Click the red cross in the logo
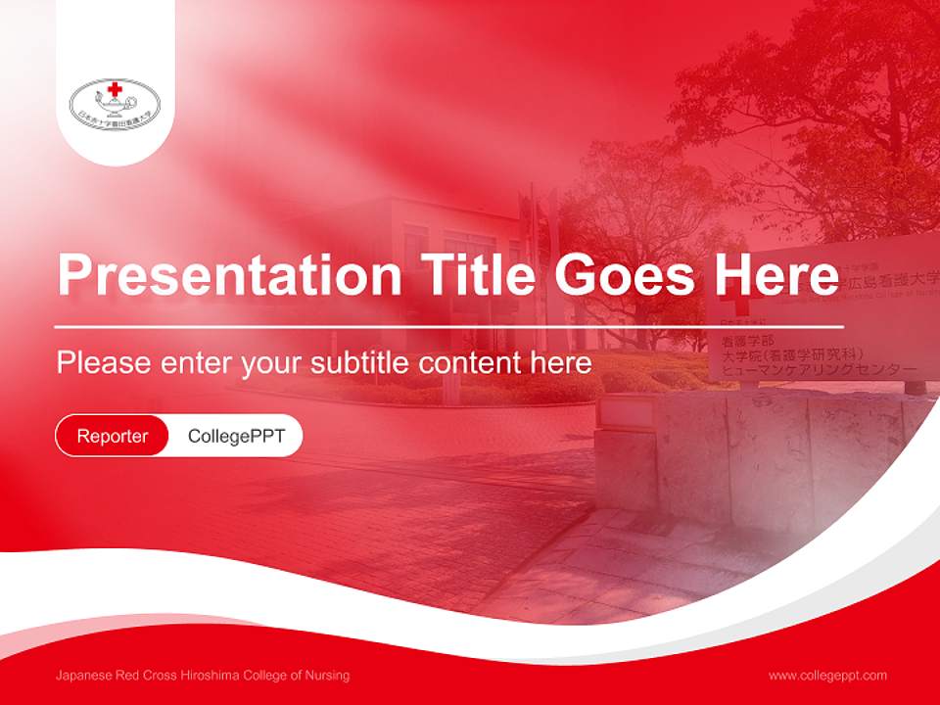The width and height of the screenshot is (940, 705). tap(116, 89)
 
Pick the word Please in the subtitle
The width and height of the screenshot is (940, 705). tap(103, 363)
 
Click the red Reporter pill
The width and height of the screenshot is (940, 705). tap(113, 436)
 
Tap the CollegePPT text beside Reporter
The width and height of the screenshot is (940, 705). tap(236, 436)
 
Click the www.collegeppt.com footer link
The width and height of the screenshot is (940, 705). tap(827, 676)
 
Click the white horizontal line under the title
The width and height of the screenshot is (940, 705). tap(449, 326)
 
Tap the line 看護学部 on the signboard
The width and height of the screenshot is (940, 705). tap(741, 341)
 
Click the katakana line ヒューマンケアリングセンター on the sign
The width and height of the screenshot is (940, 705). tap(819, 371)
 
